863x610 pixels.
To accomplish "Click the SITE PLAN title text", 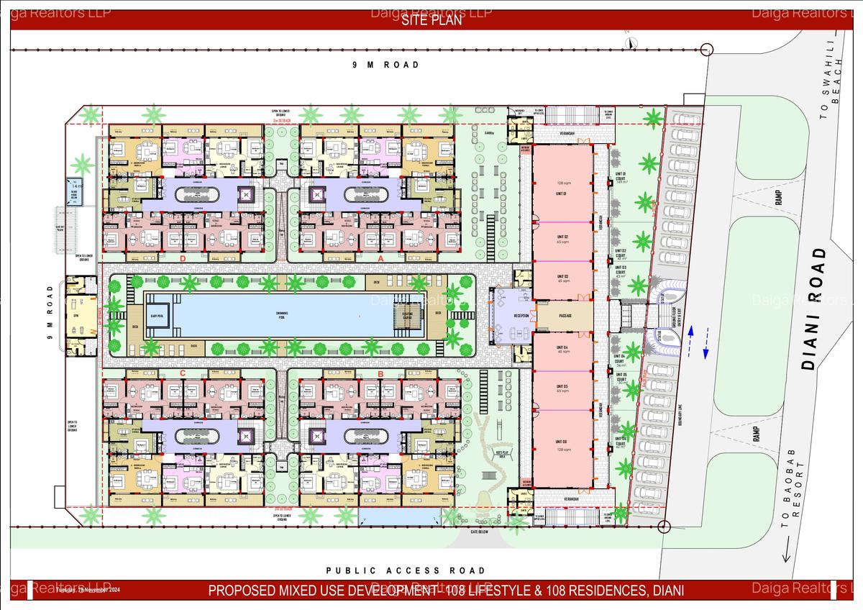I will click(431, 21).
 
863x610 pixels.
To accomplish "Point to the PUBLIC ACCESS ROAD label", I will click(405, 570).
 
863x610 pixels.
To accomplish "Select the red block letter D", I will click(183, 258).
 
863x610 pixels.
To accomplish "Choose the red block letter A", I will click(380, 258).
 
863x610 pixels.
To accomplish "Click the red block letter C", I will click(183, 373).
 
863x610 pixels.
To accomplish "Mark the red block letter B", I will click(380, 373).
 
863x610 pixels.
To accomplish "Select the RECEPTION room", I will click(511, 316).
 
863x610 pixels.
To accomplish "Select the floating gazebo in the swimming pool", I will click(406, 317).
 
